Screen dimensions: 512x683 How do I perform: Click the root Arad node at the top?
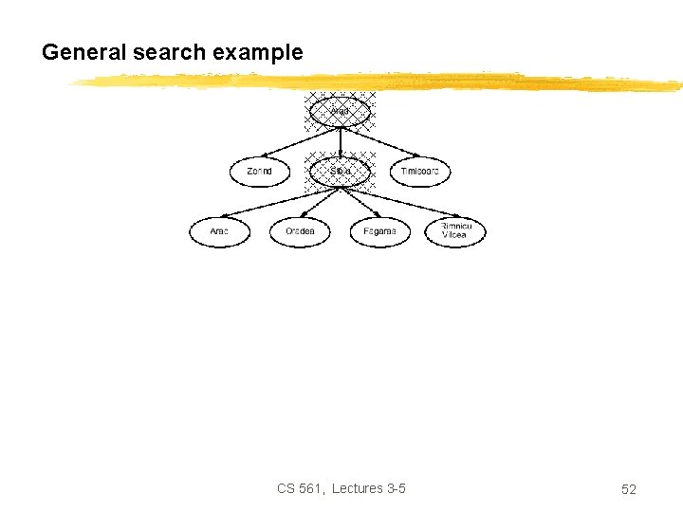(x=341, y=112)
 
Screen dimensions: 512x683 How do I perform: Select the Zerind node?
(x=259, y=172)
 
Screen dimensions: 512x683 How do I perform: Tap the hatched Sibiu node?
(x=341, y=172)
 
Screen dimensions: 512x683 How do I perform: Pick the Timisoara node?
(x=421, y=172)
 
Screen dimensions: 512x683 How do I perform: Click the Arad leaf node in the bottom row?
(x=219, y=231)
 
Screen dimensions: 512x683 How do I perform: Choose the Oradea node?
(x=300, y=231)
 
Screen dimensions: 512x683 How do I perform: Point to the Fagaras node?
(x=380, y=231)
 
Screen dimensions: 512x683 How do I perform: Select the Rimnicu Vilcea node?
(x=454, y=231)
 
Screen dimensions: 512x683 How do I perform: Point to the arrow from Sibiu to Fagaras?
(x=360, y=202)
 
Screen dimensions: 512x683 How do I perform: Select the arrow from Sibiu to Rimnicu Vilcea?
(x=398, y=202)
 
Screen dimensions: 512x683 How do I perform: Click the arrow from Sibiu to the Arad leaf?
(x=275, y=202)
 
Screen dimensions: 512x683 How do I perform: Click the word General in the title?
(x=83, y=53)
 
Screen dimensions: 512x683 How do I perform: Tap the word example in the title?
(x=258, y=53)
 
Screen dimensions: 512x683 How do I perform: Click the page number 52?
(x=628, y=489)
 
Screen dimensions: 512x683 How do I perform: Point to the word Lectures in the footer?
(x=358, y=488)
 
